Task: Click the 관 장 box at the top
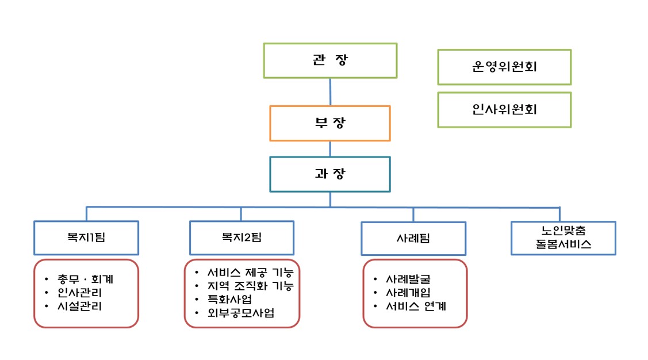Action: pos(330,60)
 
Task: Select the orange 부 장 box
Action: pos(330,123)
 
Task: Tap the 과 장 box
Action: pos(330,174)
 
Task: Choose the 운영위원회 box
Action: pos(504,67)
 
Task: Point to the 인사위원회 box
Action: pos(504,109)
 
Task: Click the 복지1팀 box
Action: pos(86,238)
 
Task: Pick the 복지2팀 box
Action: pos(241,238)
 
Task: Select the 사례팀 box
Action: pos(413,239)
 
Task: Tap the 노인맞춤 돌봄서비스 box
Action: pos(563,238)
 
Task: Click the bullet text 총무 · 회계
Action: pos(85,279)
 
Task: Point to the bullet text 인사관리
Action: pos(79,293)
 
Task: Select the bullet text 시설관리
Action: pos(79,307)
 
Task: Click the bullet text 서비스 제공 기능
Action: pos(251,273)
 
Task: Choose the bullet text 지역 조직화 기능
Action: pos(251,286)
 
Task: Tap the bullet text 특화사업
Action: pos(229,299)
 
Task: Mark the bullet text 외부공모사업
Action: pos(241,313)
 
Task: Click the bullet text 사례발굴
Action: pos(408,279)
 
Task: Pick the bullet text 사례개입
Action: pos(408,293)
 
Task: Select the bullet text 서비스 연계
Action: pos(416,307)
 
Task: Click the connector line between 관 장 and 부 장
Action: pos(330,92)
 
